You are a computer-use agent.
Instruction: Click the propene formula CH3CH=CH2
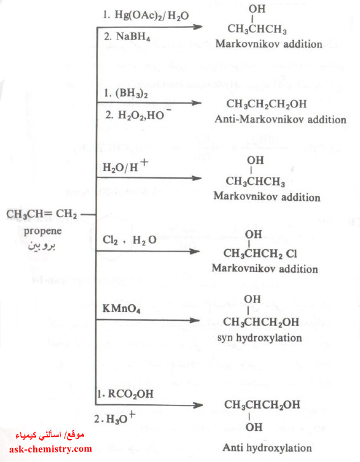41,214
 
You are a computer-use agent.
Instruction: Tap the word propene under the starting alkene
43,231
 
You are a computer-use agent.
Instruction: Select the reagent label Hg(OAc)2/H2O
145,15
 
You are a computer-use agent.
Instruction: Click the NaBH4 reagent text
127,37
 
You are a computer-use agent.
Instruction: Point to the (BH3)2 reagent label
126,93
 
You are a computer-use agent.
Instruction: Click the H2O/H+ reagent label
125,166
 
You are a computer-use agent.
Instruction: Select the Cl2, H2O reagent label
130,240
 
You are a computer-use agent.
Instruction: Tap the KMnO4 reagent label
121,309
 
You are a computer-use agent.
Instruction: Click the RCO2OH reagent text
125,394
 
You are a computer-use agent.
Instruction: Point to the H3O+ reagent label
115,418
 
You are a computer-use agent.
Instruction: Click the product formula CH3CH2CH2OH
267,104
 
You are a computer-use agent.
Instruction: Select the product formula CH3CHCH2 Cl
260,254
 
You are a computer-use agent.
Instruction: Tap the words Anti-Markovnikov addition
280,119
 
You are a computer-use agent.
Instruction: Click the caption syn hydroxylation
259,337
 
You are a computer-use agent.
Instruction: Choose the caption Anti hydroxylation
267,447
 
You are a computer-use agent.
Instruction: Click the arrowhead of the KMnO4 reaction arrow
194,320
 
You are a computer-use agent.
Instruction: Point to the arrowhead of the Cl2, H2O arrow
194,251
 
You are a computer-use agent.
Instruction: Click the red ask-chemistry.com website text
51,449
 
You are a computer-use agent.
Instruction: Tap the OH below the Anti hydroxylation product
254,427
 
